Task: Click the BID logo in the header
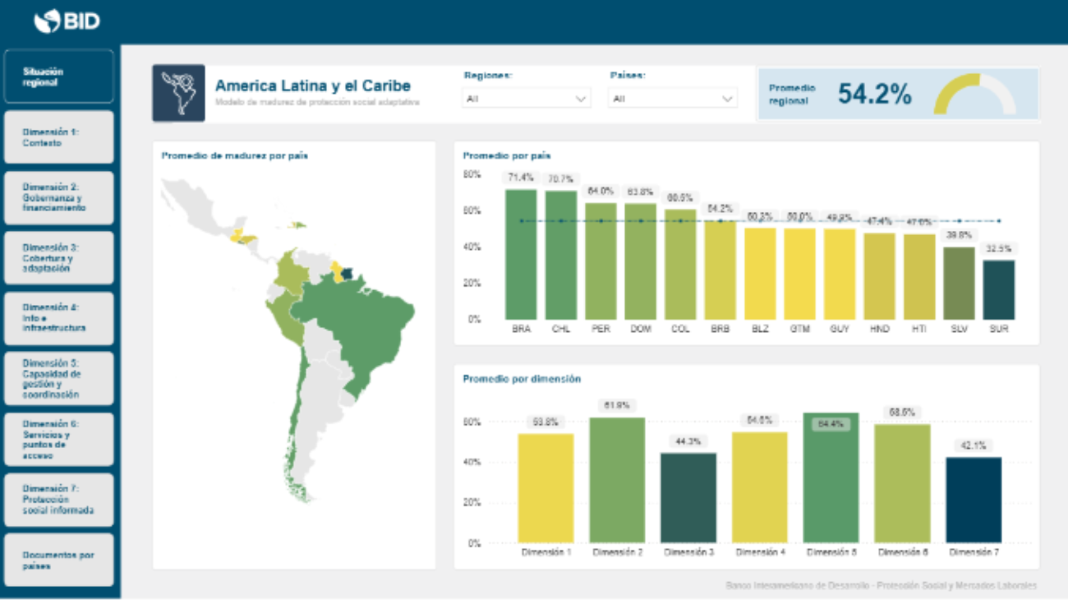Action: [x=67, y=21]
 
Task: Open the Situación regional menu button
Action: [x=58, y=76]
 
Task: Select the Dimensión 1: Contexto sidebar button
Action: [x=58, y=137]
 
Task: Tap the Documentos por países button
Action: [x=58, y=561]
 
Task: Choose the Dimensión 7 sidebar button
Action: [x=58, y=500]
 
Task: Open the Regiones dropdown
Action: [x=526, y=99]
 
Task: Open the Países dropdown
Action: [x=672, y=99]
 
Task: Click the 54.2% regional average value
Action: [x=874, y=95]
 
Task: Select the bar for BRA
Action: [x=521, y=255]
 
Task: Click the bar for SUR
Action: [x=998, y=289]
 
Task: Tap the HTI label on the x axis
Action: [x=919, y=329]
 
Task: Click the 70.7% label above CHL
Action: [x=561, y=178]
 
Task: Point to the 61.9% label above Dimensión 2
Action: [x=618, y=405]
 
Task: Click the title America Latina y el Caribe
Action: [x=312, y=85]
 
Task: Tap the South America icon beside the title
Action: [x=178, y=94]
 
